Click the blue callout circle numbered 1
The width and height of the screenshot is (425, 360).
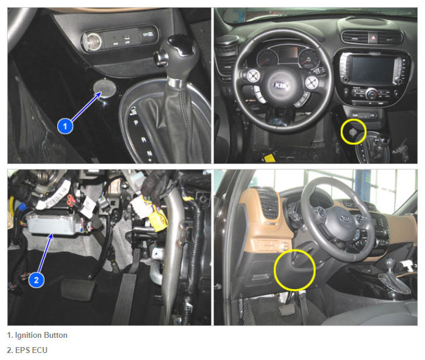coord(65,126)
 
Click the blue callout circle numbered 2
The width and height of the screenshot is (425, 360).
coord(36,279)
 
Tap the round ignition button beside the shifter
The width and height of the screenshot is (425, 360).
coord(105,88)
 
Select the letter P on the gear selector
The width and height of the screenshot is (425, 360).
coord(136,123)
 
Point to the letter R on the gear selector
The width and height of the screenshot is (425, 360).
coord(143,140)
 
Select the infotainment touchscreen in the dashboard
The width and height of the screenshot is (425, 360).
coord(372,69)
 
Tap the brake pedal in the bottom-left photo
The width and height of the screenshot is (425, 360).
coord(78,289)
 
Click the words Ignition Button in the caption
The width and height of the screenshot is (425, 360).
coord(41,335)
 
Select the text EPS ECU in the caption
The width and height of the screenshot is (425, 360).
coord(32,350)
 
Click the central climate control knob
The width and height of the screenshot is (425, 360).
coord(371,94)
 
